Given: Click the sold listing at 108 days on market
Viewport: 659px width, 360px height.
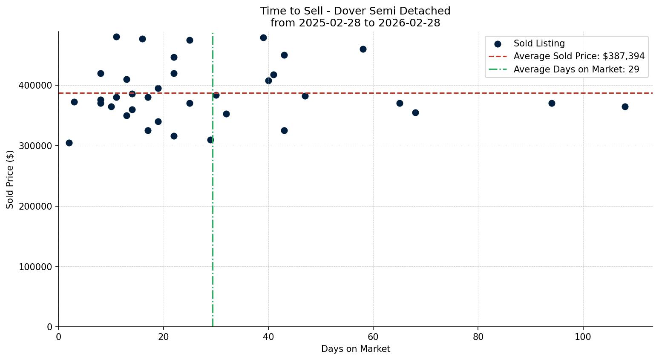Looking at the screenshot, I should point(625,107).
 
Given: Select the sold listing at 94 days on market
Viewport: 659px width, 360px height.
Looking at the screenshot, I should point(552,103).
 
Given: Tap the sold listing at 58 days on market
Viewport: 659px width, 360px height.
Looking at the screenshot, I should point(363,49).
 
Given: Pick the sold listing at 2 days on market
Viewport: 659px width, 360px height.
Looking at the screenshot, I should point(69,143).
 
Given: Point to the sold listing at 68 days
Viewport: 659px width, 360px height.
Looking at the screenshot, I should point(415,112).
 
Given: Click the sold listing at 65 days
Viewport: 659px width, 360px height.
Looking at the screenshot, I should point(400,103).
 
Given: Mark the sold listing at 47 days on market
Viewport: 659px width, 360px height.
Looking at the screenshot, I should point(305,96).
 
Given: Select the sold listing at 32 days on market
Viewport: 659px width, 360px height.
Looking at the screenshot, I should point(226,114).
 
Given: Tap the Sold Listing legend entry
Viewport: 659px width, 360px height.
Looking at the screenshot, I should point(539,43).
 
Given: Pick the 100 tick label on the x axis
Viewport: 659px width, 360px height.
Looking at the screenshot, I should point(583,337).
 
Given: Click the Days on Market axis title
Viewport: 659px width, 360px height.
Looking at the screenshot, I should point(355,349).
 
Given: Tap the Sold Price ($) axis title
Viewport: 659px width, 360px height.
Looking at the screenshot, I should point(10,179).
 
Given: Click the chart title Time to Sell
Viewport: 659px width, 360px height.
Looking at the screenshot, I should point(355,11).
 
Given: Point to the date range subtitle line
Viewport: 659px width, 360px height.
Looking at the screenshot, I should point(355,23).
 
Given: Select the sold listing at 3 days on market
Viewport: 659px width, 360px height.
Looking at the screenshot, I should point(74,102).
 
